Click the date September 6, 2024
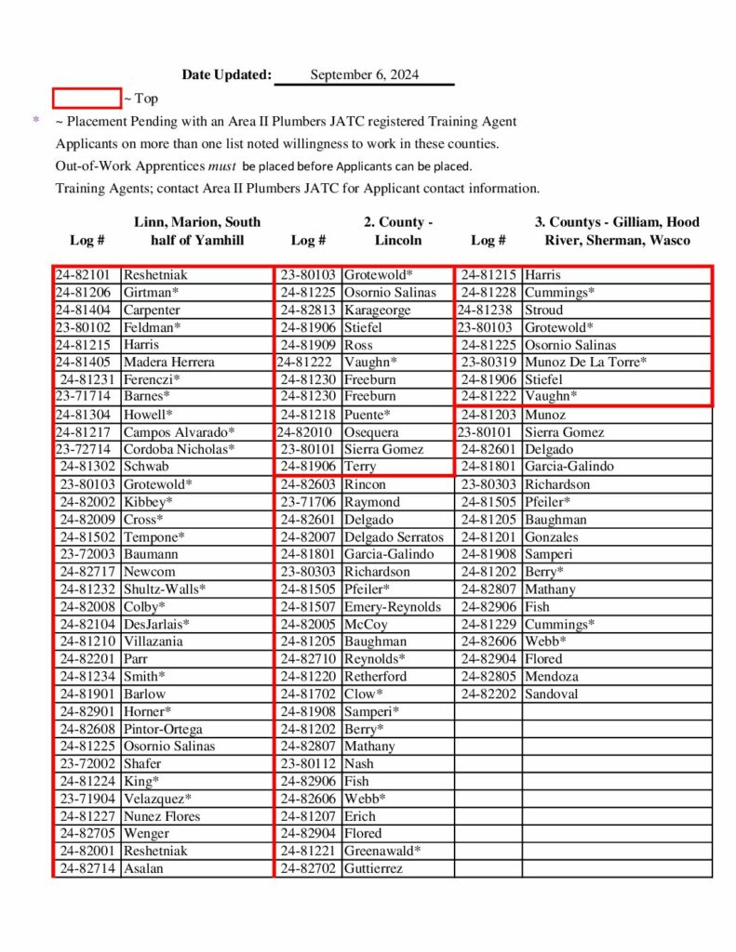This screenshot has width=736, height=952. click(364, 75)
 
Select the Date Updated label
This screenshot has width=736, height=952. click(227, 75)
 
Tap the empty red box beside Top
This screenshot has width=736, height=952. click(87, 98)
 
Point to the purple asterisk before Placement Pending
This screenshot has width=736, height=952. click(36, 121)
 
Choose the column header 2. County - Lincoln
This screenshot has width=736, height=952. click(398, 231)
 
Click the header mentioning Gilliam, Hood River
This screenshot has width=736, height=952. click(617, 231)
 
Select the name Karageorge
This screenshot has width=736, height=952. click(377, 310)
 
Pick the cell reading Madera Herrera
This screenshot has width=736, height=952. click(168, 362)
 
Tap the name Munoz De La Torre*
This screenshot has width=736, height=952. click(585, 362)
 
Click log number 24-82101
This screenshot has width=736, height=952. click(83, 275)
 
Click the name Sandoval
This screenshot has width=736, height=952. click(552, 694)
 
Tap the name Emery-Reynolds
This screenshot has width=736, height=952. click(393, 607)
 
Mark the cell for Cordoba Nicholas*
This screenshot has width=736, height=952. click(179, 449)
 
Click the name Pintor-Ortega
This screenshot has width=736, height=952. click(163, 729)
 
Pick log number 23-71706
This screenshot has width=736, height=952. click(308, 502)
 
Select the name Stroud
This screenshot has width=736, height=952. click(544, 310)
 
